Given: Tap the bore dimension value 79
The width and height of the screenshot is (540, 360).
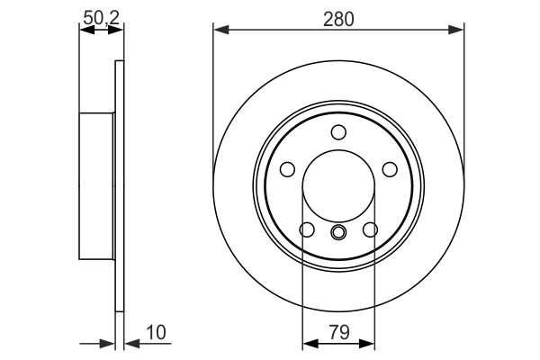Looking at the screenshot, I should click(x=338, y=332).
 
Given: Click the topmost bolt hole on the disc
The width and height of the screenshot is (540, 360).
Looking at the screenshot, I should click(x=338, y=133).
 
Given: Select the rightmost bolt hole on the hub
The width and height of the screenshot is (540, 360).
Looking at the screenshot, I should click(x=390, y=169).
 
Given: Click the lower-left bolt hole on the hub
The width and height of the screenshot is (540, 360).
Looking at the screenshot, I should click(x=307, y=229).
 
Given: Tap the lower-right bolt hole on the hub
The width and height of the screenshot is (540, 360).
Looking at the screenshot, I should click(x=370, y=229).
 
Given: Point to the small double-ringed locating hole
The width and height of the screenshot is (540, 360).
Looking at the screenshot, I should click(x=338, y=234).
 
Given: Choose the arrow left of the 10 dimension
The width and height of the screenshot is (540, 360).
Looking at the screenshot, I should click(x=107, y=343).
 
